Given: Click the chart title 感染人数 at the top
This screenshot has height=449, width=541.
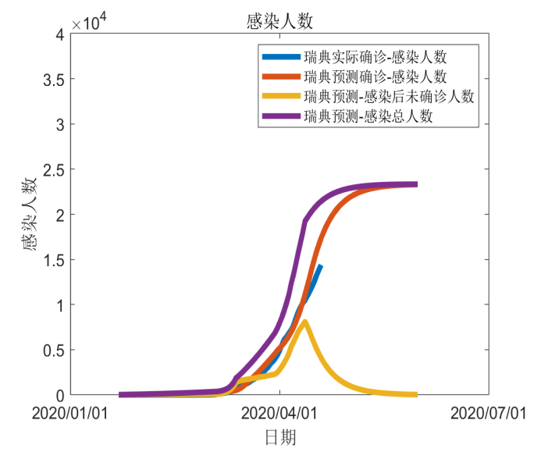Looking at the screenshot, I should pyautogui.click(x=279, y=21).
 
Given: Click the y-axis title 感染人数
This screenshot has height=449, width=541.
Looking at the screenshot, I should pyautogui.click(x=31, y=214).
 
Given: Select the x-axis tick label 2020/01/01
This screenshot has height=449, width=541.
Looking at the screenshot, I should pyautogui.click(x=70, y=412).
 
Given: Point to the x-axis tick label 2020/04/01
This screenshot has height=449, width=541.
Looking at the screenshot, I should pyautogui.click(x=280, y=412).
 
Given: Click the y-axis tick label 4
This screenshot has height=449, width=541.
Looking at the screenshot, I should pyautogui.click(x=59, y=34).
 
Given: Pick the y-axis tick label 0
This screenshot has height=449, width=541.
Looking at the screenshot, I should pyautogui.click(x=59, y=395).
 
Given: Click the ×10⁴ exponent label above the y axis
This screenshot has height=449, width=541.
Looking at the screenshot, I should pyautogui.click(x=88, y=23).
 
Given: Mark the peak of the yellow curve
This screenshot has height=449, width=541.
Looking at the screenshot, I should pyautogui.click(x=304, y=322).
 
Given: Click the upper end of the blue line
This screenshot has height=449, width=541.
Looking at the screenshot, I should pyautogui.click(x=320, y=266).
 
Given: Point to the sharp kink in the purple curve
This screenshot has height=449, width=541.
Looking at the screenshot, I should pyautogui.click(x=304, y=223).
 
